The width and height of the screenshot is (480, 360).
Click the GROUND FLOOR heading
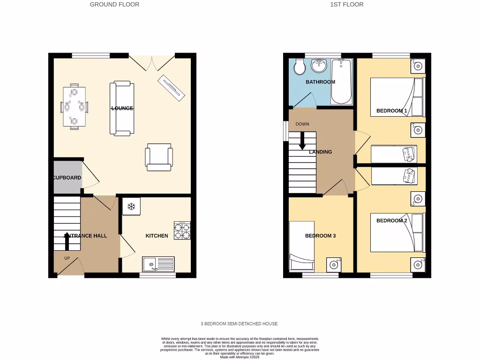pos(114,4)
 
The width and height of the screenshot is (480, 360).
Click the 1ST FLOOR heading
pos(347,4)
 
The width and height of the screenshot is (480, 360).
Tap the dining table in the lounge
pos(75,107)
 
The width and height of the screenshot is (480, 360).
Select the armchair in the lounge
pos(158,157)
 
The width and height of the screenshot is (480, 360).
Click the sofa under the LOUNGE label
pos(122,109)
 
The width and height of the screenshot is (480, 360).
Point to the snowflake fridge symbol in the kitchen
pos(132,206)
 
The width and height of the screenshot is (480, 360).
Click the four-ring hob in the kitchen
pos(182,230)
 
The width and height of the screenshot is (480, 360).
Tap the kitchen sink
pos(159,264)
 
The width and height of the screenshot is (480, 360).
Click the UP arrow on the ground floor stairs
pos(67,241)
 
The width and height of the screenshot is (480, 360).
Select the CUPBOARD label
pos(67,178)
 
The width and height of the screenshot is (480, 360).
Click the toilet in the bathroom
pos(300,67)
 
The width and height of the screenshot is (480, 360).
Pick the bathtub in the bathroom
pos(341,81)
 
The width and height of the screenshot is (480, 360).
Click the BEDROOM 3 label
pos(320,236)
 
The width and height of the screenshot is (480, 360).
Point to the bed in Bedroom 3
pos(301,246)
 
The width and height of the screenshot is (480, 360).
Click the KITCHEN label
pos(157,236)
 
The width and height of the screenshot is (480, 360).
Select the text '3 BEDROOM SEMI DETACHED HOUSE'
pos(239,324)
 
